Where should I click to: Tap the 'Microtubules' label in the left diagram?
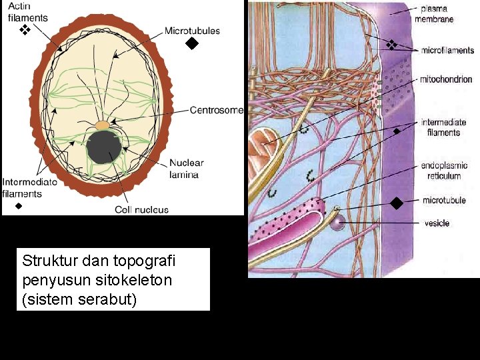(x=192, y=31)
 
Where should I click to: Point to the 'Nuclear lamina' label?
(x=186, y=168)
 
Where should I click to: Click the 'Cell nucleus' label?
(x=141, y=209)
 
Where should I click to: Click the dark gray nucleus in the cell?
(x=104, y=148)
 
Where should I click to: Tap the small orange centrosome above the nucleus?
(x=102, y=125)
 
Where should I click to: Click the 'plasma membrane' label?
(x=434, y=14)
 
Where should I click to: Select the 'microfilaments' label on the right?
(x=447, y=50)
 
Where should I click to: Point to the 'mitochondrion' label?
(x=446, y=79)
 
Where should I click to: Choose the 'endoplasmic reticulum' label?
(x=444, y=171)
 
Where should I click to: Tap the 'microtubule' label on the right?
(x=444, y=200)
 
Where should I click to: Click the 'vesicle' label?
(x=437, y=223)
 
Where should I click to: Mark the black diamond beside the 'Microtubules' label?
(x=192, y=45)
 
